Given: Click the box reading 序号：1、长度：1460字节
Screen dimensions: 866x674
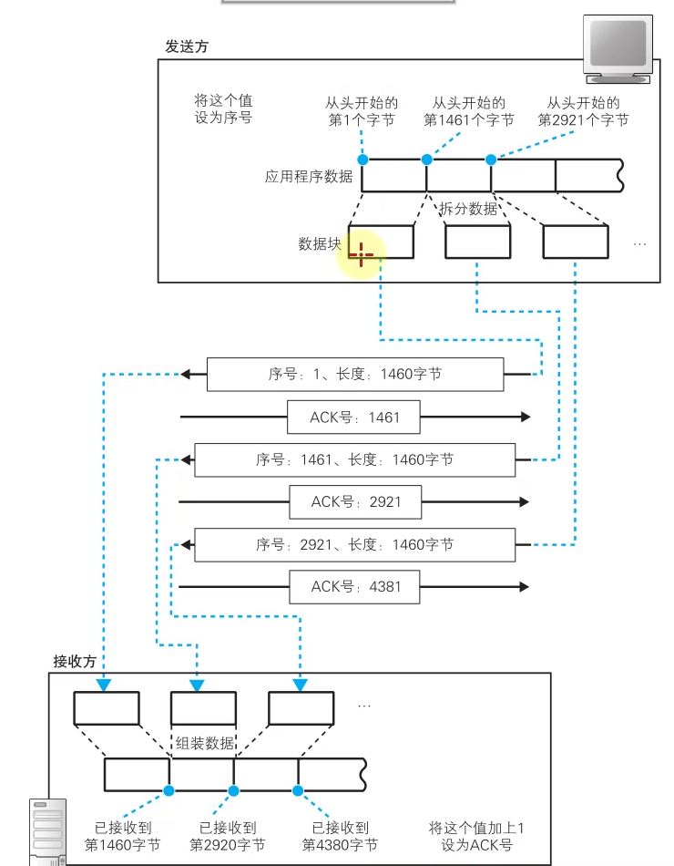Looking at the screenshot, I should [x=355, y=375].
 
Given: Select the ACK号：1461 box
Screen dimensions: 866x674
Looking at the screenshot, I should [x=354, y=418].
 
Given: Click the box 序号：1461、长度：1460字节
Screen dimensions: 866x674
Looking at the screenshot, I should [x=354, y=460].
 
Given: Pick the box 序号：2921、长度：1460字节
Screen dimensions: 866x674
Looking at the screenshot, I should [x=354, y=545].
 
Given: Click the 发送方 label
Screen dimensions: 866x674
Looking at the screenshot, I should [x=187, y=46].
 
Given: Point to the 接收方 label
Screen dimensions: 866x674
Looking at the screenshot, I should [x=75, y=662].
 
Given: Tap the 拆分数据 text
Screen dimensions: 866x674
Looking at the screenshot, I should [x=469, y=209].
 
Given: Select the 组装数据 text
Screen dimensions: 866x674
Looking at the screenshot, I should [x=203, y=742].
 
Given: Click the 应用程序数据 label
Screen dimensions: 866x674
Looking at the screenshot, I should [x=309, y=177].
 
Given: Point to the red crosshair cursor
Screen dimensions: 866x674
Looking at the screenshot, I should [x=361, y=254].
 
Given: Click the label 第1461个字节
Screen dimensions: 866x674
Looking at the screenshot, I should [x=468, y=120].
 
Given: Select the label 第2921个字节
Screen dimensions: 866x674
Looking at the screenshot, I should [x=583, y=120].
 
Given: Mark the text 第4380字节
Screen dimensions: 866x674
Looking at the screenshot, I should [x=341, y=845].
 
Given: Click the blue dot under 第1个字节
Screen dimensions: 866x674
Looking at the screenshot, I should [x=363, y=160].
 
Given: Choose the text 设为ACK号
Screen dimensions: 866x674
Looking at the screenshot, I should [x=476, y=845].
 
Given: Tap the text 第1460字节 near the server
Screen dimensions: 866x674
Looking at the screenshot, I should [x=122, y=845].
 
